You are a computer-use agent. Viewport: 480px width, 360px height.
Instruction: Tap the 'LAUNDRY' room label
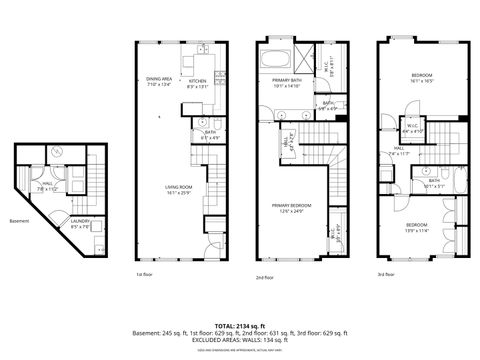(x=80, y=224)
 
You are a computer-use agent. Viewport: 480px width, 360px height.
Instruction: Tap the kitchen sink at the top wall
(x=200, y=49)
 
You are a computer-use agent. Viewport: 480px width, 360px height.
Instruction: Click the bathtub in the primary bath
(x=277, y=56)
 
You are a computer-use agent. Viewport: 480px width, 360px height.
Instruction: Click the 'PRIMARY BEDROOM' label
(x=288, y=207)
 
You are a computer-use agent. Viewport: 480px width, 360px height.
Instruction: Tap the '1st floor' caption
(x=145, y=274)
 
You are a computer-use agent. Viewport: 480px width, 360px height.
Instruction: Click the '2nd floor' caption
(x=264, y=276)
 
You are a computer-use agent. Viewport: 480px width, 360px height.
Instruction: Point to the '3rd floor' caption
(x=385, y=274)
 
